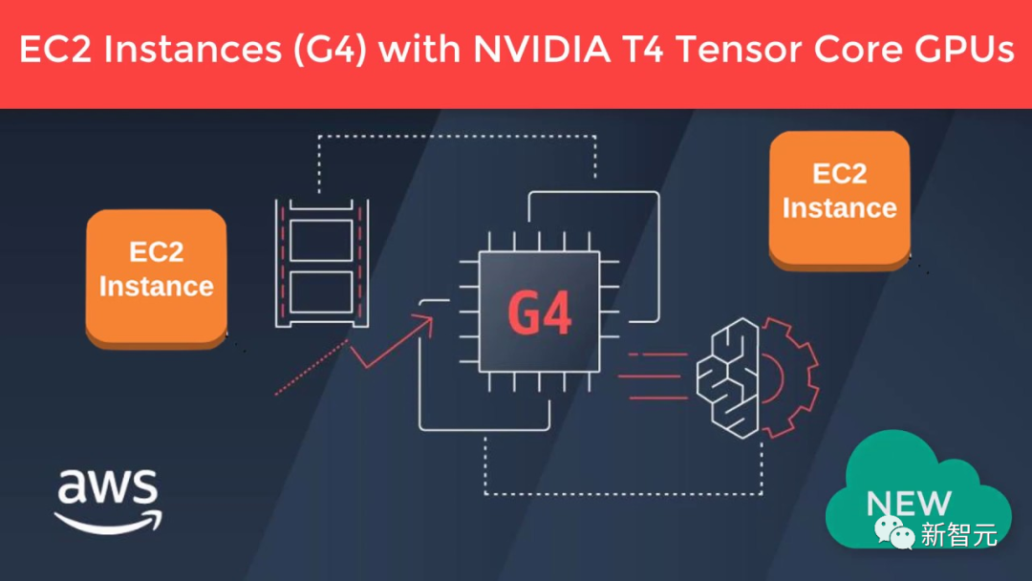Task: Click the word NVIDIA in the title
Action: click(542, 50)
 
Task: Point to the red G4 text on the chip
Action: click(540, 312)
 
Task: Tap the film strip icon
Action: click(321, 263)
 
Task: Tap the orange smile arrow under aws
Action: click(108, 520)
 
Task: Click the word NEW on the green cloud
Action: click(908, 503)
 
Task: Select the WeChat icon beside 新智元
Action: click(895, 532)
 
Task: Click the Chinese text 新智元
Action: click(958, 534)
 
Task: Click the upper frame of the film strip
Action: click(321, 235)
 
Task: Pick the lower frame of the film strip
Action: click(321, 290)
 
